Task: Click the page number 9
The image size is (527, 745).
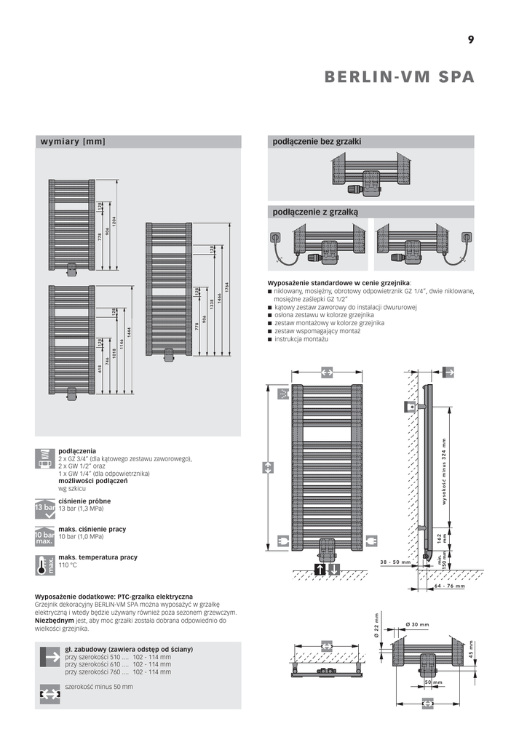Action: [471, 40]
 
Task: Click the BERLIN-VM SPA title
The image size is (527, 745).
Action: [399, 77]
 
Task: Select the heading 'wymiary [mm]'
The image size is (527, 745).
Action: [73, 141]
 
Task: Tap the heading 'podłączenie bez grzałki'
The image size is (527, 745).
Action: [317, 141]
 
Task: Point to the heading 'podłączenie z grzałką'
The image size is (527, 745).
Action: [315, 212]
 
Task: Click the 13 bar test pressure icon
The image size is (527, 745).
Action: [45, 507]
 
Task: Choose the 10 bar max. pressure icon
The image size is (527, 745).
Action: [45, 536]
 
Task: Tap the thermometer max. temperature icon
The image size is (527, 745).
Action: [45, 565]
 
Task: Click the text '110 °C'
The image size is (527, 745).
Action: [68, 565]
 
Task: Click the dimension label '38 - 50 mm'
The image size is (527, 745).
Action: [395, 562]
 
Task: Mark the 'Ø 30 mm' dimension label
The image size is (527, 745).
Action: [416, 625]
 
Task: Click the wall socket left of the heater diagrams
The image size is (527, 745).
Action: [276, 237]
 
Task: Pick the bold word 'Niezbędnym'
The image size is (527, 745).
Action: [55, 621]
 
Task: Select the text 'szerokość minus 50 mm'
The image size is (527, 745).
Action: [99, 687]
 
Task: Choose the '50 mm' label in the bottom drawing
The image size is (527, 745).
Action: [433, 682]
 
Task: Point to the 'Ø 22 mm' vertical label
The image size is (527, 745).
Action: [377, 624]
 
